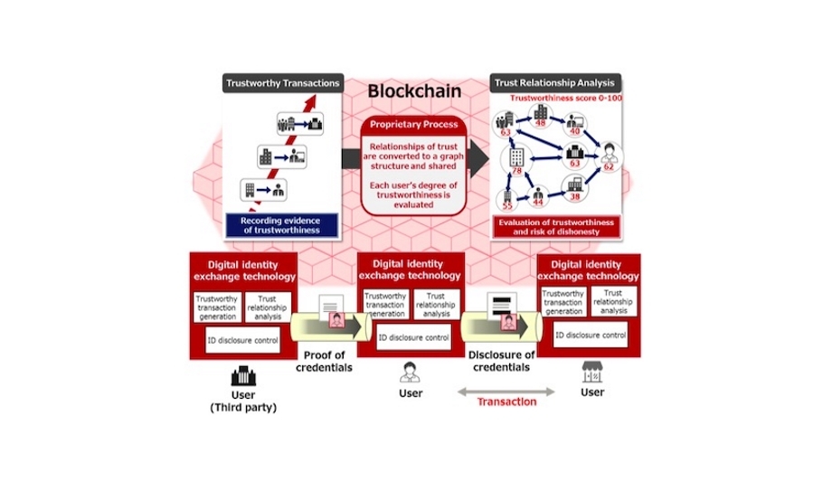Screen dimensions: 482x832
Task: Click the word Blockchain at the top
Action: click(x=414, y=90)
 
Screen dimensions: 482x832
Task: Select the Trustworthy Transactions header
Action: click(x=282, y=83)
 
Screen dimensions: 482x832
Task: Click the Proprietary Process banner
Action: click(x=414, y=123)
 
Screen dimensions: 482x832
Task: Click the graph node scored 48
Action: click(x=541, y=118)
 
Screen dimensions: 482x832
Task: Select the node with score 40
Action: click(x=574, y=126)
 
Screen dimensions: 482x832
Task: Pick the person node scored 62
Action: click(x=608, y=159)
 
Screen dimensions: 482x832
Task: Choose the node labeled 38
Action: click(x=574, y=191)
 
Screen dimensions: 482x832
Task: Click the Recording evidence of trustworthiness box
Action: click(x=282, y=225)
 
